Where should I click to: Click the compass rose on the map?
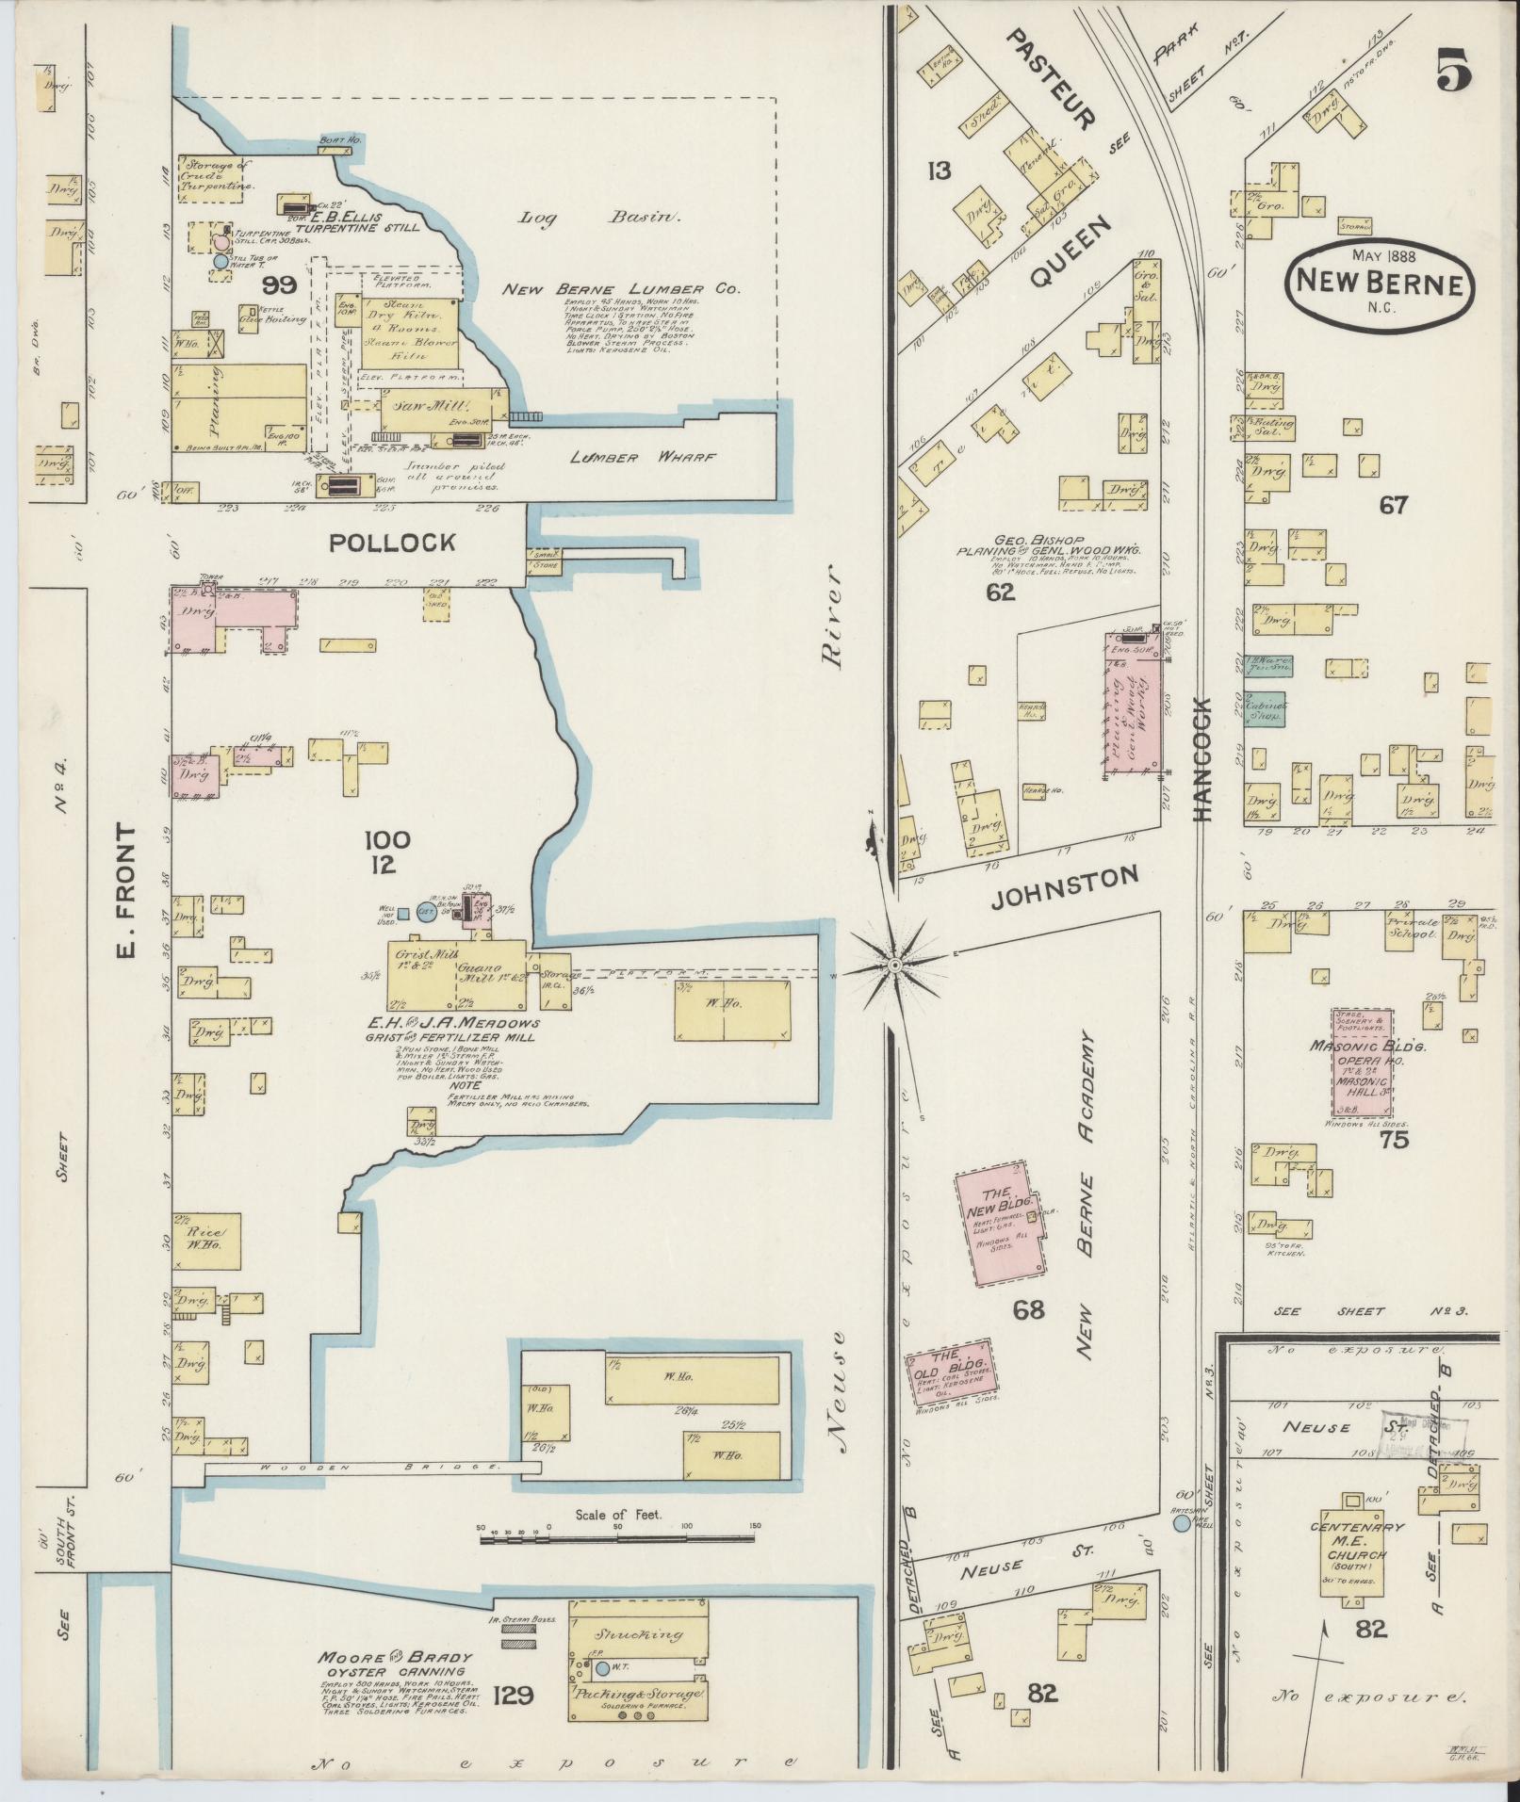coord(894,966)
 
